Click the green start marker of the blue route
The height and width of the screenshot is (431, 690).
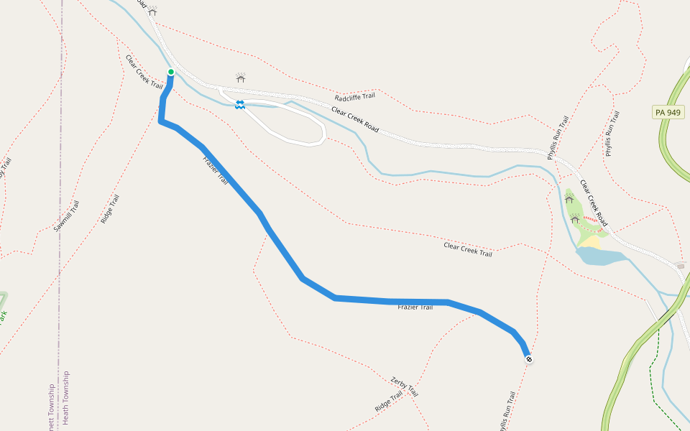[171, 72]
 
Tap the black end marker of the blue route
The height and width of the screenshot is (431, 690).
[529, 358]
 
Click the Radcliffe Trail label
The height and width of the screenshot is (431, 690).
[355, 97]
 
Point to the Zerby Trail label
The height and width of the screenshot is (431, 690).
[404, 386]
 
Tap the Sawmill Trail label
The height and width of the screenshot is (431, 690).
[67, 215]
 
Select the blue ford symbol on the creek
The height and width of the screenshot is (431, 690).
[239, 105]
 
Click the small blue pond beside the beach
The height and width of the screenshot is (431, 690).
[600, 256]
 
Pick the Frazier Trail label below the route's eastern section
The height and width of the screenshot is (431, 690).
[415, 307]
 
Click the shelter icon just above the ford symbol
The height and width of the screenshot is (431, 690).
[241, 77]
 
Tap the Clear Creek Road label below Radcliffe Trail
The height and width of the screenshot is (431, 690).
[355, 119]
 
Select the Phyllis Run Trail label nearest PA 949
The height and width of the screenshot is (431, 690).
[611, 134]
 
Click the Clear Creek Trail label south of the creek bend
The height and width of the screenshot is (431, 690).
[468, 249]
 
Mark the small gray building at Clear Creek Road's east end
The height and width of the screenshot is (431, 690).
[681, 265]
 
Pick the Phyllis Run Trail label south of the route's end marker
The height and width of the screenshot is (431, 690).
[507, 411]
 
